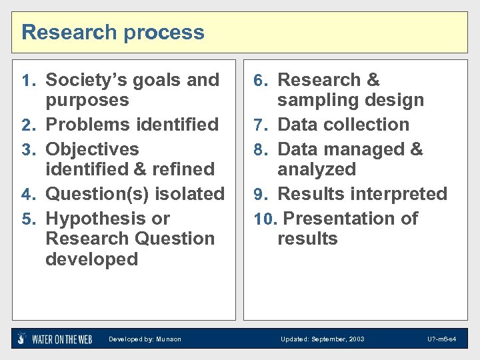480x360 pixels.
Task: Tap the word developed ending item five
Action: [x=91, y=259]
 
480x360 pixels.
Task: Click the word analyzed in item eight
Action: [x=317, y=169]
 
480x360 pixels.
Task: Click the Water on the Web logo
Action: [x=55, y=339]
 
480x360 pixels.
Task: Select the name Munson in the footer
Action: [x=169, y=339]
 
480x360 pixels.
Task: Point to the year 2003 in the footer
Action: [x=357, y=339]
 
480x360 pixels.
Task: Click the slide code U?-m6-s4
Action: [x=442, y=339]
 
